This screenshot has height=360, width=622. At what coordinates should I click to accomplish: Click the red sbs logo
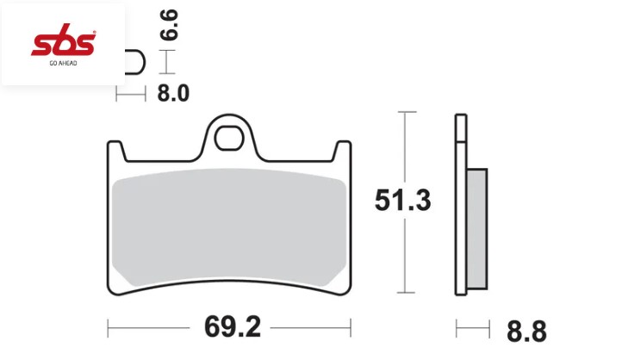coord(64,40)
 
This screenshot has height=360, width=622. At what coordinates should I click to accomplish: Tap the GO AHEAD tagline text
coord(63,63)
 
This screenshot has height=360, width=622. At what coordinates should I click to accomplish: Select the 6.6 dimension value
coord(169,25)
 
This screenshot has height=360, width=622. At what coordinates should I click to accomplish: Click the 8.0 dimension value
coord(173,94)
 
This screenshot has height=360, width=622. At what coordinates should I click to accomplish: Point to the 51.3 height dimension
coord(402,200)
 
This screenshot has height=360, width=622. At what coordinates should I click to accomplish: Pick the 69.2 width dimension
coord(233,327)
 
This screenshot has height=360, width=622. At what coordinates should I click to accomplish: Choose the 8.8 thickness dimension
coord(526,331)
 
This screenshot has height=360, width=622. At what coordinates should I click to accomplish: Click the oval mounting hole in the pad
coord(229,138)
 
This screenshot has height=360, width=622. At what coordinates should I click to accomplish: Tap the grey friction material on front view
coord(229,227)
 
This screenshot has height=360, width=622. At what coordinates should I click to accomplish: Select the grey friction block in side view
coord(476,229)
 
